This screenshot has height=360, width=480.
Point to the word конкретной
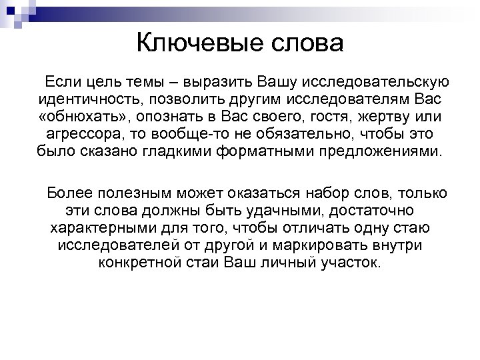point(137,261)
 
